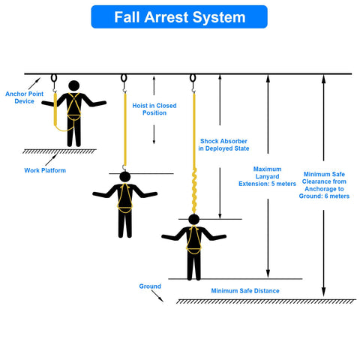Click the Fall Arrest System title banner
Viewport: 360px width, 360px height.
pos(179,16)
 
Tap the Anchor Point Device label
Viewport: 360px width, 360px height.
pos(24,97)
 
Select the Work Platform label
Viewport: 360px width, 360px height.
pos(45,170)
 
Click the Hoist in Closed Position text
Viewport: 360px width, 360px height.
pos(154,109)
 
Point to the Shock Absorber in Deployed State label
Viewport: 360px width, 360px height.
pos(223,145)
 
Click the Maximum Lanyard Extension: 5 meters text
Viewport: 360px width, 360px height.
pos(267,176)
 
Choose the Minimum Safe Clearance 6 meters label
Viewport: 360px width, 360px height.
pos(324,185)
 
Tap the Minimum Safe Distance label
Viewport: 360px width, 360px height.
pos(245,291)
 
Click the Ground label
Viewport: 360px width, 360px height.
pos(150,286)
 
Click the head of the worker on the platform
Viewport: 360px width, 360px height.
pos(74,85)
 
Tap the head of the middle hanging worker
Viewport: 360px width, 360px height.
pos(125,177)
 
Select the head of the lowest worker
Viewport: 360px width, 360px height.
pos(194,220)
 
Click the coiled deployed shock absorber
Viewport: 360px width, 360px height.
pos(194,190)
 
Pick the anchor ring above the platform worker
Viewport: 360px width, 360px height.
pos(54,78)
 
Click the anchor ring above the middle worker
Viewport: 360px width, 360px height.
pos(124,78)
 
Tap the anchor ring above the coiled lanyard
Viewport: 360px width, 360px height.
pos(193,78)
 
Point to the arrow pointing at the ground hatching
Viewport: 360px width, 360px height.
pos(157,296)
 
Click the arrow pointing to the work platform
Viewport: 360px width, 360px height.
pos(51,160)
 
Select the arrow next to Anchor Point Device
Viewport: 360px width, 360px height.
pos(34,83)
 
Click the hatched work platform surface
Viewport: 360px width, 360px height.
pos(59,151)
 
